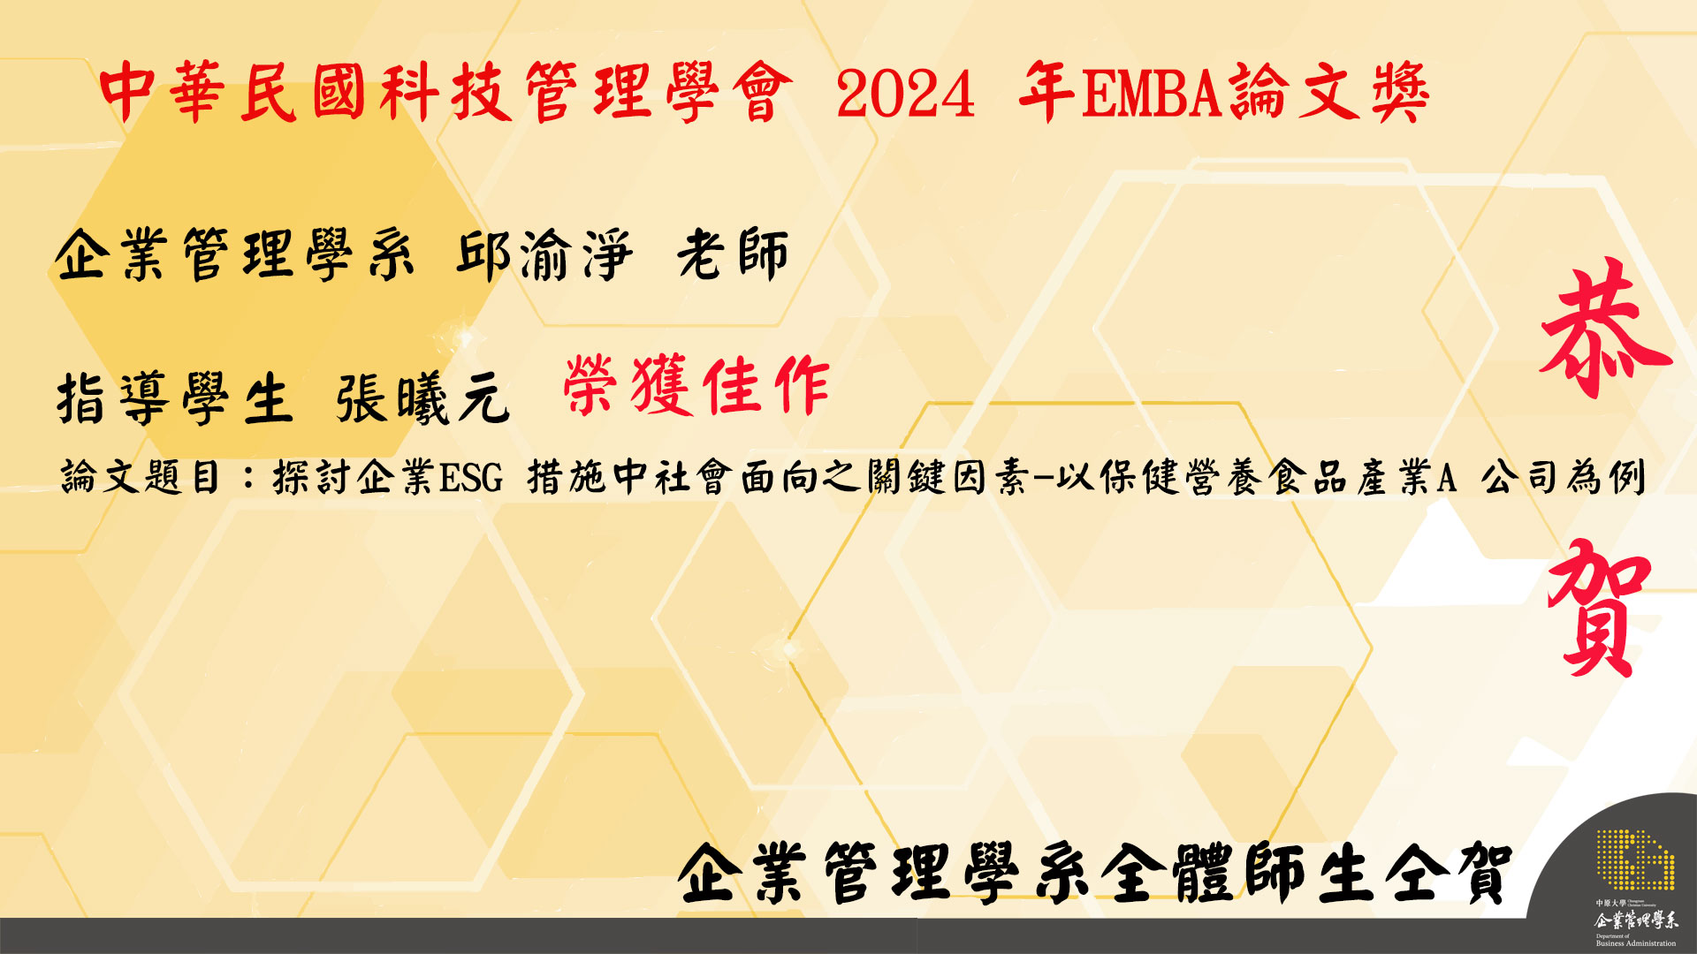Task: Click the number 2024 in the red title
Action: coord(906,94)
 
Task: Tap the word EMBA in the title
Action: coord(1150,94)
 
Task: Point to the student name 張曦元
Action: coord(422,399)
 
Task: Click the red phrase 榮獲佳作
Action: coord(696,385)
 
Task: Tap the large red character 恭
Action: coord(1605,329)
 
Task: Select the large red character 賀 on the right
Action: coord(1600,608)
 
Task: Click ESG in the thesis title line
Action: coord(471,478)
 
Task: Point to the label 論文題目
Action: coord(140,478)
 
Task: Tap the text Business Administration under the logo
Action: coord(1636,943)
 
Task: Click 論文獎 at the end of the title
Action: coord(1328,93)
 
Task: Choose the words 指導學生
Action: coord(174,399)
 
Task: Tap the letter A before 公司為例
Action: coord(1446,478)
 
